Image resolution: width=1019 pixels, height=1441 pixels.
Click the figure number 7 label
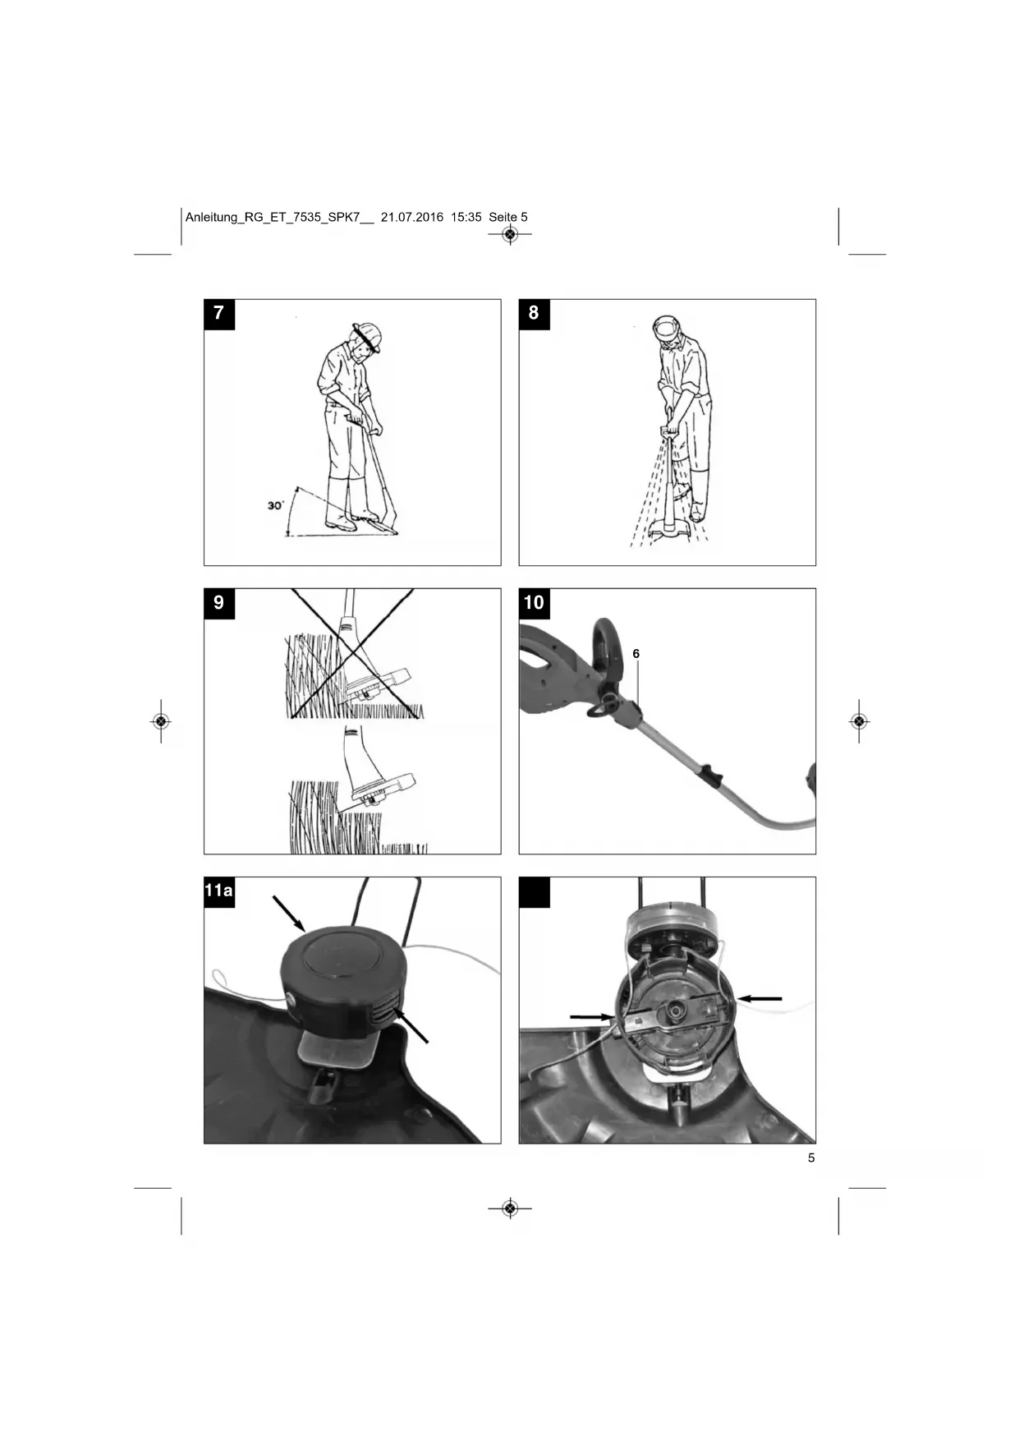click(x=218, y=314)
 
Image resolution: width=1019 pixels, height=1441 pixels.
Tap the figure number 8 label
click(x=534, y=314)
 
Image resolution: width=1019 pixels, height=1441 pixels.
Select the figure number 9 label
click(x=218, y=603)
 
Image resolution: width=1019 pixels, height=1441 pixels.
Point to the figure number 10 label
click(x=534, y=603)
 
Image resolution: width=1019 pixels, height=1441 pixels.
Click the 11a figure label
click(x=219, y=891)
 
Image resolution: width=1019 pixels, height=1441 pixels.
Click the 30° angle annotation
click(x=275, y=505)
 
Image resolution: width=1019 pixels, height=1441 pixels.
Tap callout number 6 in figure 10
click(x=636, y=654)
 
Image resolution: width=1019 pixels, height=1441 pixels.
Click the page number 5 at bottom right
click(x=811, y=1158)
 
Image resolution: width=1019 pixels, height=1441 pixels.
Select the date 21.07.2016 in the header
click(x=412, y=218)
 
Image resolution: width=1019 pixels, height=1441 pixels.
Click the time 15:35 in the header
click(x=466, y=218)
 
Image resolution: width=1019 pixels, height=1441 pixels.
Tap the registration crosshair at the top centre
click(x=510, y=235)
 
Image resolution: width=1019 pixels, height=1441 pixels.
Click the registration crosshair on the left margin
click(x=161, y=721)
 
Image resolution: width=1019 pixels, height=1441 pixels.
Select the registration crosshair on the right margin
click(x=859, y=721)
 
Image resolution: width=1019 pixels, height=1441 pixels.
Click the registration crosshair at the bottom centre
click(x=510, y=1209)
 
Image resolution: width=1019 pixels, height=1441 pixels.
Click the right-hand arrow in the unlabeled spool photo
click(x=760, y=998)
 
